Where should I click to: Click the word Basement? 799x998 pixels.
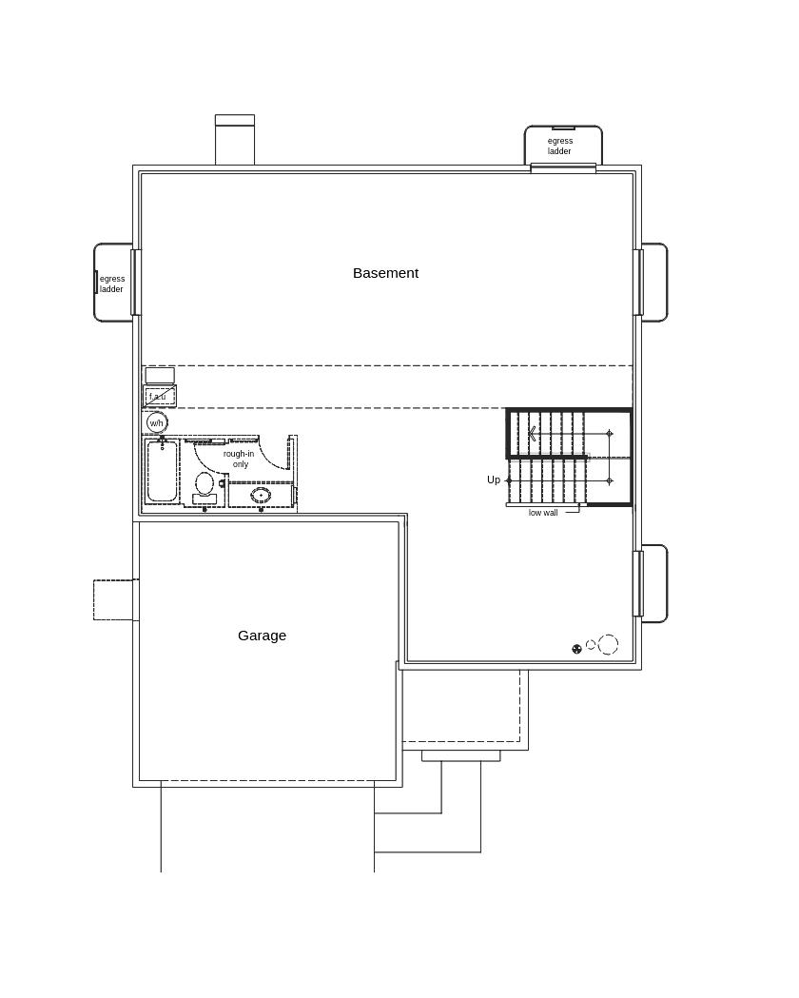coord(385,273)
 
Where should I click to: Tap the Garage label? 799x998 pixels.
coord(263,636)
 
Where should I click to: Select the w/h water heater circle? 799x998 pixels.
coord(157,422)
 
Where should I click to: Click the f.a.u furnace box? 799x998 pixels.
coord(160,396)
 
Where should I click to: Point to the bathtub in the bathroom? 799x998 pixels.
coord(162,472)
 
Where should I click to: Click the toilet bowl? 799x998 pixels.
coord(205,484)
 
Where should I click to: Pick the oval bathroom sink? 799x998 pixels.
coord(261,495)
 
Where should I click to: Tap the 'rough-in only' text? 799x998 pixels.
coord(239,459)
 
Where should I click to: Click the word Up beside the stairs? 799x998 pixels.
coord(494,479)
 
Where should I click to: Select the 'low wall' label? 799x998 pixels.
coord(543,513)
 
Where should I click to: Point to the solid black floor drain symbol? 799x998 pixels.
coord(577,649)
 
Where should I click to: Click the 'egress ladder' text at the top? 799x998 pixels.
coord(560,146)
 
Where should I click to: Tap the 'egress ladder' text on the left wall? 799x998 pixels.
coord(112,284)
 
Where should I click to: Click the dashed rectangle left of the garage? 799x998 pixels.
coord(116,599)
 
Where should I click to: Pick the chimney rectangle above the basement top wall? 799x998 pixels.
coord(235,140)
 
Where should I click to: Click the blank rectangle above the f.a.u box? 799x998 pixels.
coord(160,375)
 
